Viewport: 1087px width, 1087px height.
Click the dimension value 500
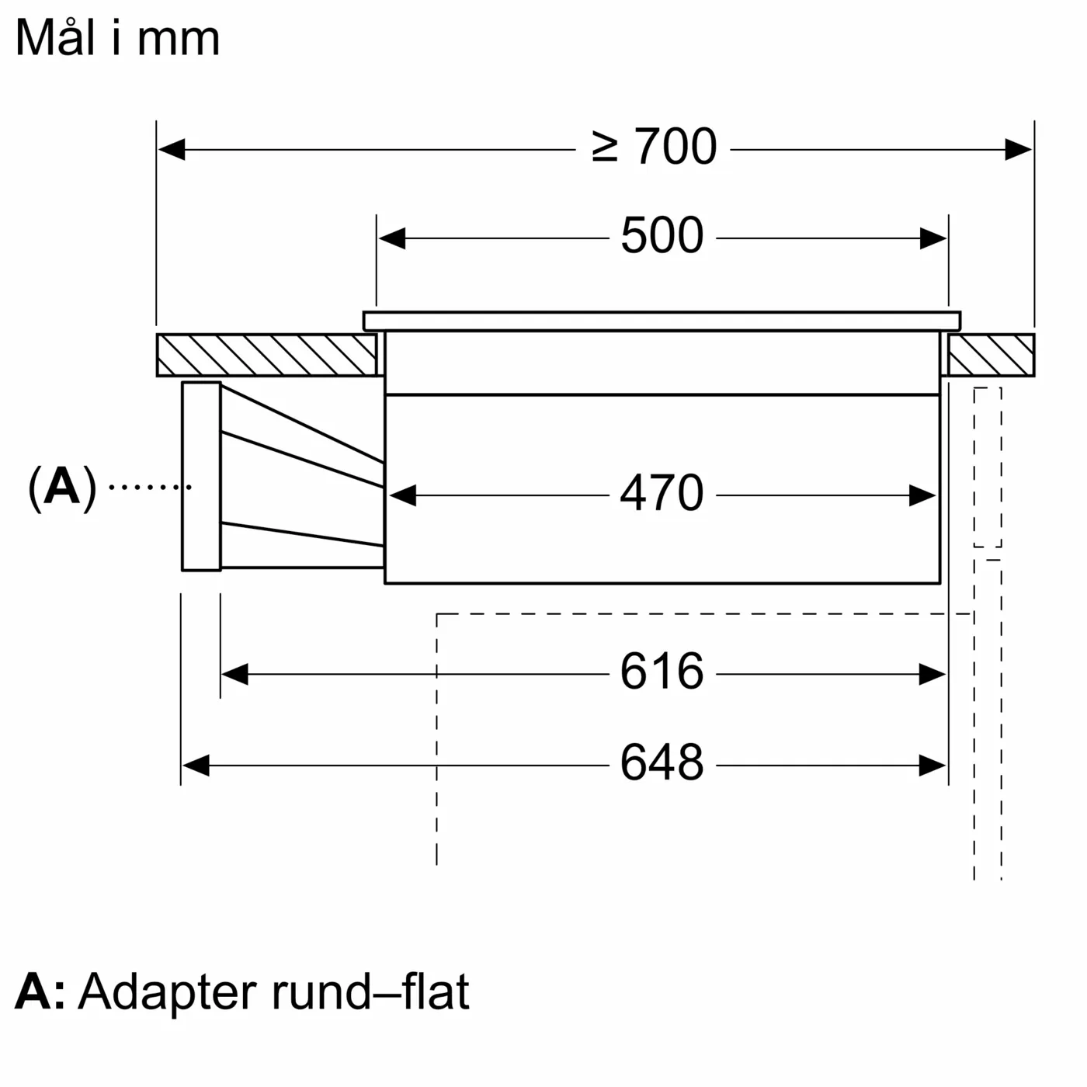[662, 236]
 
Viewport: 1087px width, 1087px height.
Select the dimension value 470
[662, 493]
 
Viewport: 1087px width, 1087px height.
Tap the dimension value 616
[662, 672]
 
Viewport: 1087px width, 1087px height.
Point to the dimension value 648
[662, 763]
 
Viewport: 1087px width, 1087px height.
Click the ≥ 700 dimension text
[654, 147]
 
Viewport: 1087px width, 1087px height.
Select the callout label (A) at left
[62, 488]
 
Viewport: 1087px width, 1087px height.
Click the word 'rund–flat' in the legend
[370, 991]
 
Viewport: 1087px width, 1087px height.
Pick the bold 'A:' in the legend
[40, 991]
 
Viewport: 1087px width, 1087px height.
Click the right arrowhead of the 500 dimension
[933, 238]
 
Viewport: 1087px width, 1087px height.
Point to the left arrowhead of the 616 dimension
[234, 674]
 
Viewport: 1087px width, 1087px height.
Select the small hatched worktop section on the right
[991, 355]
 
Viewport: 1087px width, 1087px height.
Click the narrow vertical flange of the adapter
[201, 476]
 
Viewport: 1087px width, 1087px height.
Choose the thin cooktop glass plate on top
[662, 321]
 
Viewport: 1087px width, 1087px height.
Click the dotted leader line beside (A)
[149, 487]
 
